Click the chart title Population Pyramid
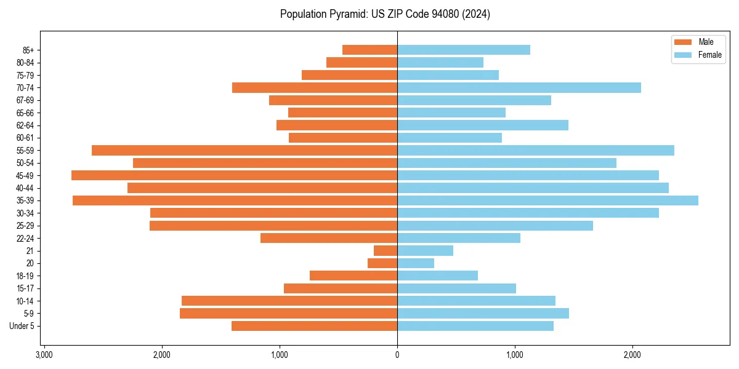click(x=385, y=14)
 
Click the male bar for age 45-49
click(x=234, y=175)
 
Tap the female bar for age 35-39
click(x=547, y=200)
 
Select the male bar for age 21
click(x=386, y=251)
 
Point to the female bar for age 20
click(x=416, y=263)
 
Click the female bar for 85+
click(x=464, y=50)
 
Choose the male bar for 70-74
click(x=315, y=88)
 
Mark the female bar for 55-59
click(x=536, y=151)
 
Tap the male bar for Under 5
click(x=314, y=326)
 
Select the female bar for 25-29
click(x=495, y=226)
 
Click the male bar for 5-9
click(x=288, y=314)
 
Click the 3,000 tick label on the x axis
click(x=44, y=355)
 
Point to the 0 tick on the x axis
click(x=397, y=355)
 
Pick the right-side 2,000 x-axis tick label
click(x=632, y=355)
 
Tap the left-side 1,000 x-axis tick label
click(x=280, y=355)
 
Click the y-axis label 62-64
click(x=25, y=125)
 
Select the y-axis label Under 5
click(x=22, y=326)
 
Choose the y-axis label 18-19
click(x=25, y=276)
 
